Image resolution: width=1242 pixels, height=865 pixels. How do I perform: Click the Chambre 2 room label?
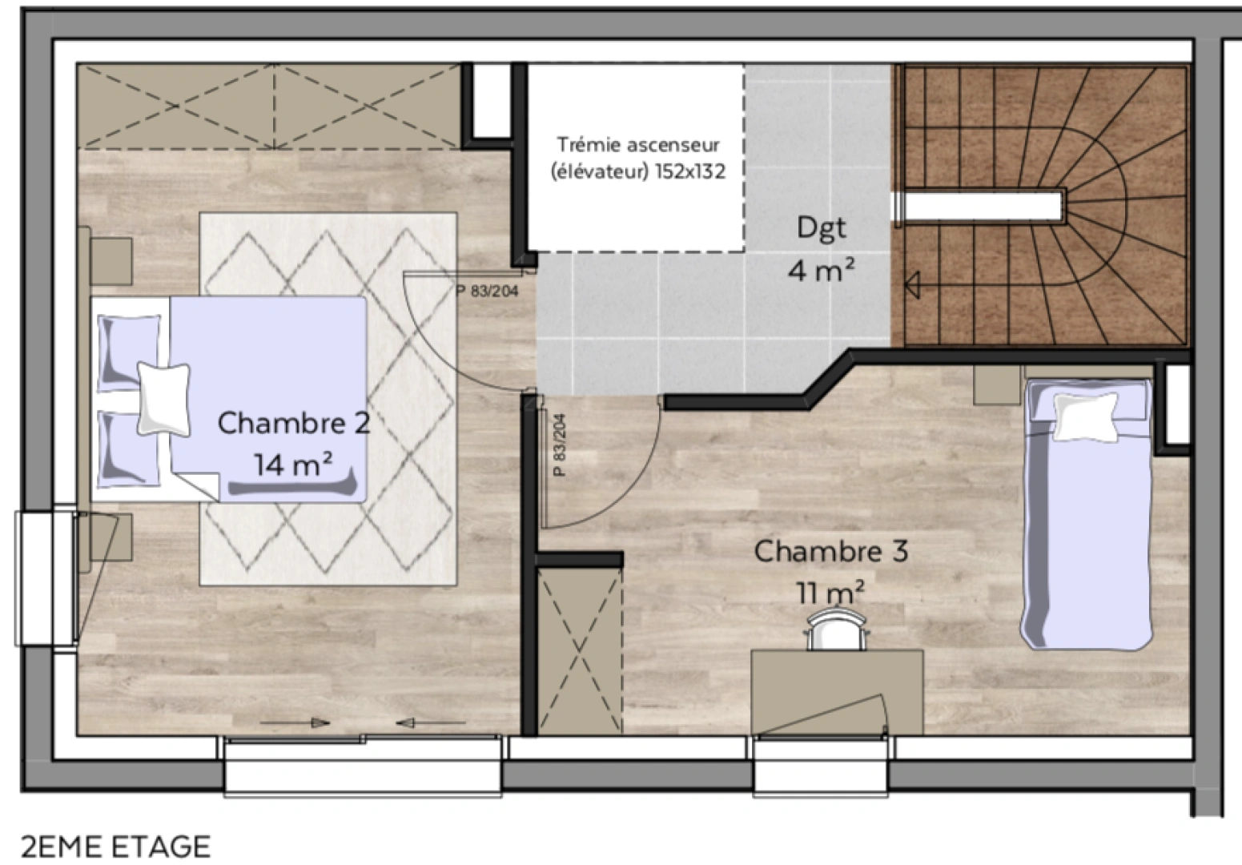pos(293,423)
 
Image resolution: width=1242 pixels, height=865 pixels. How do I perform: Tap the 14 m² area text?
pos(293,464)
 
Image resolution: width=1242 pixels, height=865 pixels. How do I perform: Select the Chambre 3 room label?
pos(831,551)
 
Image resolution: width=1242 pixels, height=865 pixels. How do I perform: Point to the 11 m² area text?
pos(830,592)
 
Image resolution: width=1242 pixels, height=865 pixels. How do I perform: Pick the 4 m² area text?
pos(821,270)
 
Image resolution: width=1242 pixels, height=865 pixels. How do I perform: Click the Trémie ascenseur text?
pos(638,145)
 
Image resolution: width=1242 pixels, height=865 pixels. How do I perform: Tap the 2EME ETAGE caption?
pos(115,847)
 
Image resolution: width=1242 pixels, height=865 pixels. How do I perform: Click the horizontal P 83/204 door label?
pos(488,291)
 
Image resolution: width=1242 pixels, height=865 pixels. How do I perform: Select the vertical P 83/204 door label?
pos(560,445)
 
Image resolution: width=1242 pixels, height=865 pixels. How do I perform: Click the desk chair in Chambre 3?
pos(837,630)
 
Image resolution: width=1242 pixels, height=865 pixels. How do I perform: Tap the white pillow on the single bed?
pos(1086,416)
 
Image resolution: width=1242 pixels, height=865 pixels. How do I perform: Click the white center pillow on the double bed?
pos(163,399)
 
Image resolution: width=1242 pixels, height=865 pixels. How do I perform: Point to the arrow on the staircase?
pos(912,285)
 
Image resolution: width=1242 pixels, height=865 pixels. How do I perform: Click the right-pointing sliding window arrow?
pos(295,723)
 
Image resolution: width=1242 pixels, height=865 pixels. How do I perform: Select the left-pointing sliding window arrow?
pos(431,723)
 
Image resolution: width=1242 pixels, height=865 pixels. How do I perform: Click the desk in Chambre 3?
pos(837,693)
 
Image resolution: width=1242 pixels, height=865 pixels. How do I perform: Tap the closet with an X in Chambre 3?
pos(580,651)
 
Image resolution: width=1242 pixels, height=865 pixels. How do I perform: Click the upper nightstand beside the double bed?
pos(111,262)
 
